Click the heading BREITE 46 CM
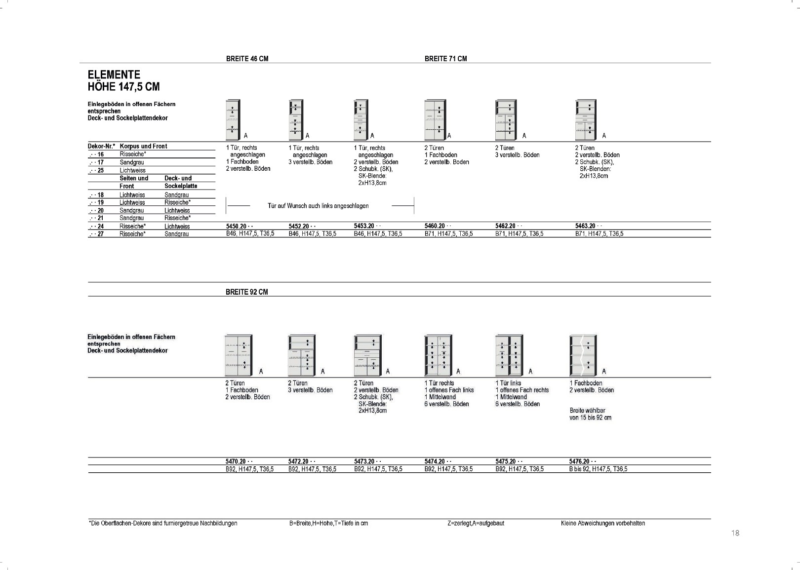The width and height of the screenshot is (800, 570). point(247,59)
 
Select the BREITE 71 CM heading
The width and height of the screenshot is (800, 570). point(446,59)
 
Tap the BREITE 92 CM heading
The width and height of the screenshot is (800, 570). point(247,292)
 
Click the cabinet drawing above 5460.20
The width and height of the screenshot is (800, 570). point(436,120)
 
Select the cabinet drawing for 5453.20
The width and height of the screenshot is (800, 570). point(360,120)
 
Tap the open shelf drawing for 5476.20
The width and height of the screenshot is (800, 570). point(583,355)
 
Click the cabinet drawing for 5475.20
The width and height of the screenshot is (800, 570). point(509,355)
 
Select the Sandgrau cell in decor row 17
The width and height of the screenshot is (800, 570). point(132,162)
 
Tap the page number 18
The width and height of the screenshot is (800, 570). point(735,533)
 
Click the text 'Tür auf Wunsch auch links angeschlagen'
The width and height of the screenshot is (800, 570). point(318,206)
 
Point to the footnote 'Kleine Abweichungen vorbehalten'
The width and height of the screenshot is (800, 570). point(603,523)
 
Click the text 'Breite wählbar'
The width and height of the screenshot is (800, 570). point(588,411)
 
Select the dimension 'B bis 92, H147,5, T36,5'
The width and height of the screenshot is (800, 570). point(598,469)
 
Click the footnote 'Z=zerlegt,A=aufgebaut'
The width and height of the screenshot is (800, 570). point(476,523)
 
